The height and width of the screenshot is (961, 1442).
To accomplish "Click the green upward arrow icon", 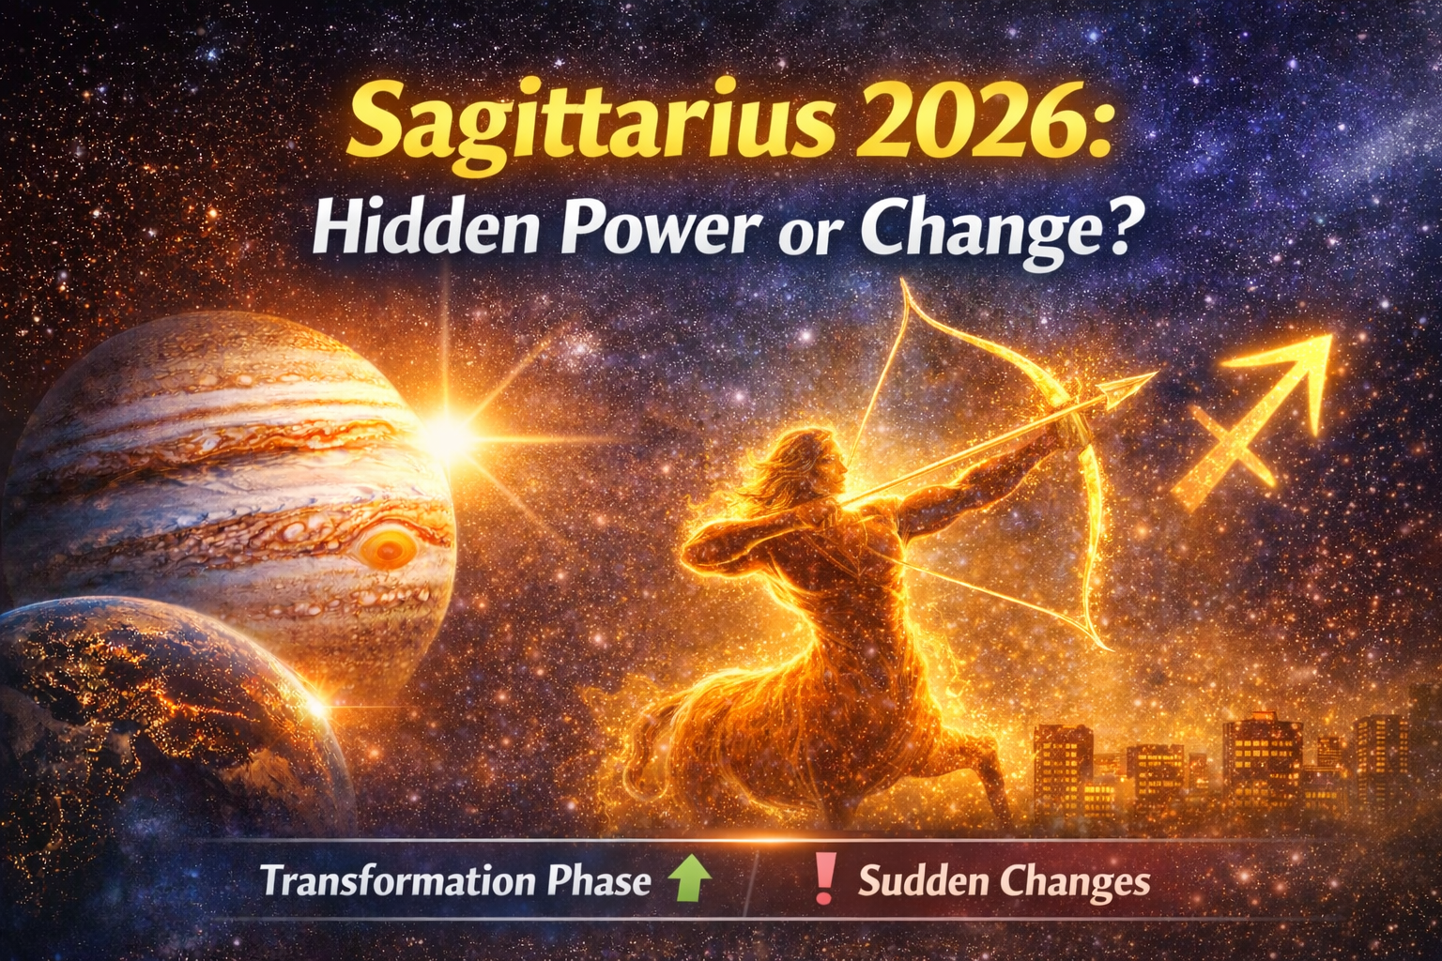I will (688, 880).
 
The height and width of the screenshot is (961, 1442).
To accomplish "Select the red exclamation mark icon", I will (824, 878).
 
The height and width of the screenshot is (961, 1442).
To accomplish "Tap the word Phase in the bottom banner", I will (598, 881).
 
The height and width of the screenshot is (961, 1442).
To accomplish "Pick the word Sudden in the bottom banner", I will (923, 881).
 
